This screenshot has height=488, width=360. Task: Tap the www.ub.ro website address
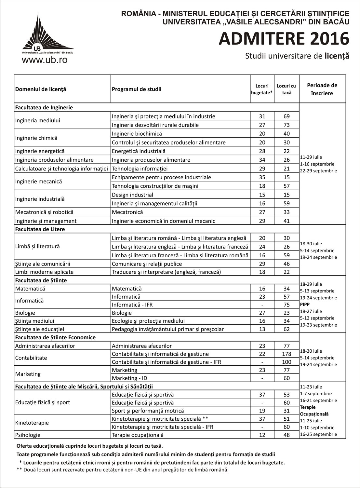[x=45, y=60]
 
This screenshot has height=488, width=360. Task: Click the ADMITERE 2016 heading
[x=284, y=39]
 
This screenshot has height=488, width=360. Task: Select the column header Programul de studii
[x=137, y=89]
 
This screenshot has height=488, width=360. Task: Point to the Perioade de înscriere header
[x=322, y=89]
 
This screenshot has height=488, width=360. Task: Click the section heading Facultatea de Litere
[x=40, y=229]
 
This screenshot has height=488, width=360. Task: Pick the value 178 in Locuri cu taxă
[x=287, y=354]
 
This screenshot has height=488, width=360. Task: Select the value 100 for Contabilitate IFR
[x=287, y=362]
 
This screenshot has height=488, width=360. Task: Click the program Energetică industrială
[x=139, y=151]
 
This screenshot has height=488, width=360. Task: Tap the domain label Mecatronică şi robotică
[x=44, y=212]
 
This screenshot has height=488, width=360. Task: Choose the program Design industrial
[x=132, y=195]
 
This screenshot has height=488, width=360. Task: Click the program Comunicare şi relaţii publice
[x=147, y=264]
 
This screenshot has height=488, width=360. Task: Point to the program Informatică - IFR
[x=132, y=305]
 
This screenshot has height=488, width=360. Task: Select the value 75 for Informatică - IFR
[x=287, y=305]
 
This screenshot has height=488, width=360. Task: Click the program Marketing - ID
[x=129, y=378]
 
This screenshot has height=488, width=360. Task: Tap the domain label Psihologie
[x=28, y=435]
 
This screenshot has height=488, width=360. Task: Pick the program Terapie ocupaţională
[x=138, y=435]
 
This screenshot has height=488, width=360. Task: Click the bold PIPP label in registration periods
[x=305, y=305]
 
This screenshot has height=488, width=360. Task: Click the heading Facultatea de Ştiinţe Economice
[x=55, y=337]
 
